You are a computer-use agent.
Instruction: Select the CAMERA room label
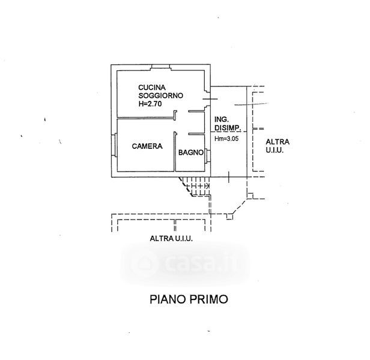[147, 145]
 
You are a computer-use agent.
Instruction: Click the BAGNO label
[190, 152]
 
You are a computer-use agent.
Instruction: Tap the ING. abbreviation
[221, 119]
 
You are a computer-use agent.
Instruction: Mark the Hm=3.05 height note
[227, 140]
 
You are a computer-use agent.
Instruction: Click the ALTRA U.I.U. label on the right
[277, 146]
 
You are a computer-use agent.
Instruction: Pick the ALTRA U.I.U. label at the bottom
[171, 239]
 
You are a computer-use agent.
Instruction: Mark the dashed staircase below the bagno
[197, 186]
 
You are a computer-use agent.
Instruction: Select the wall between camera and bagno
[175, 153]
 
